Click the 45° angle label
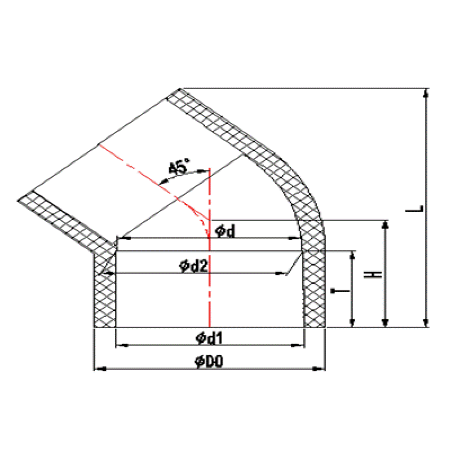180,167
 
